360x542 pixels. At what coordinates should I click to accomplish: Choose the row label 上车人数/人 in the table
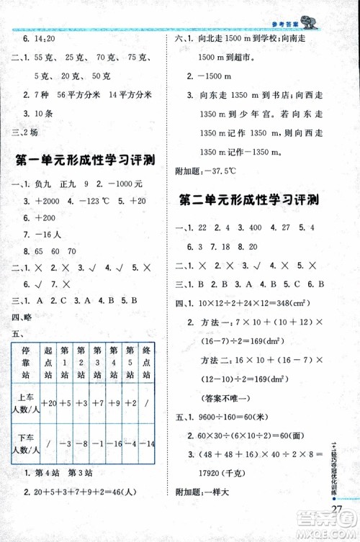pyautogui.click(x=25, y=403)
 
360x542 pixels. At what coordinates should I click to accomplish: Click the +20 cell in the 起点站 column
pyautogui.click(x=49, y=403)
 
